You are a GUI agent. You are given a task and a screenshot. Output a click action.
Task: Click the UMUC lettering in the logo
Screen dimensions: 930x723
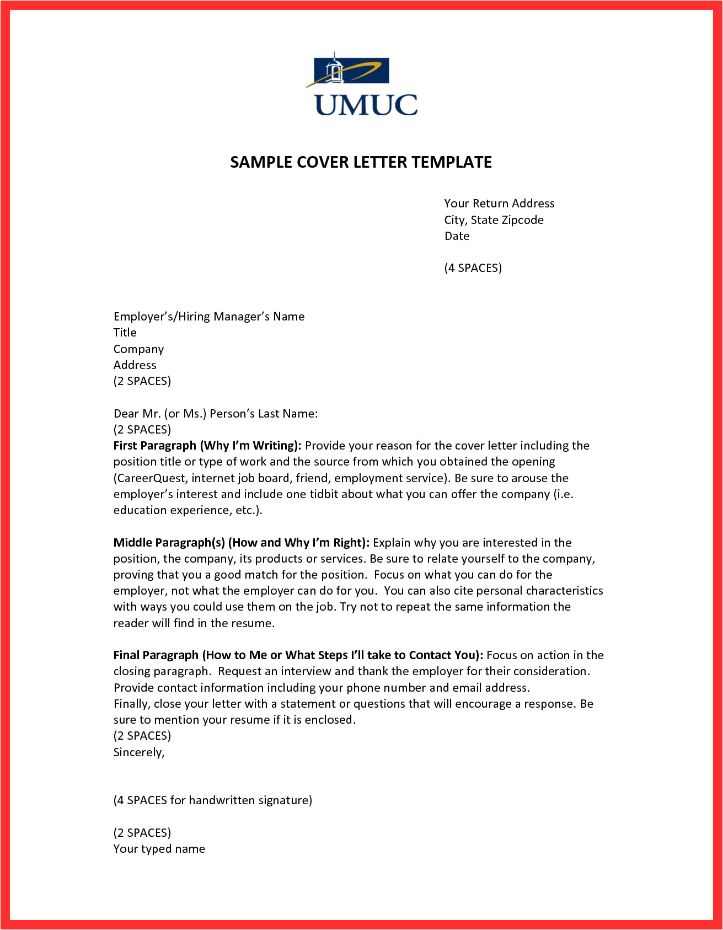coord(366,105)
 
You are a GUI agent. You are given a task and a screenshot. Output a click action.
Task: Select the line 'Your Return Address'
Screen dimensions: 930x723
coord(499,204)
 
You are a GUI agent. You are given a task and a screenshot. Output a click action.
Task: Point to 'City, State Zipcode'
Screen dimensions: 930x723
coord(494,220)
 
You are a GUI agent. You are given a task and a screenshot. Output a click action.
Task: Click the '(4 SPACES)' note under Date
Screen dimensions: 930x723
coord(473,268)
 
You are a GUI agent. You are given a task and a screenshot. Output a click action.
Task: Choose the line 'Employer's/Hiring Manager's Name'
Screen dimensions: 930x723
coord(208,317)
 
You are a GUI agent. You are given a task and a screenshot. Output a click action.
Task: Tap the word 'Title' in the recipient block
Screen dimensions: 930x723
coord(125,333)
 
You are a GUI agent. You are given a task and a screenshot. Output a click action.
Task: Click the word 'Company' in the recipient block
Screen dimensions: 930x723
coord(138,349)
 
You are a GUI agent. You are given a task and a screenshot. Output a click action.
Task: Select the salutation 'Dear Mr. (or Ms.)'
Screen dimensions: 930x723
coord(160,414)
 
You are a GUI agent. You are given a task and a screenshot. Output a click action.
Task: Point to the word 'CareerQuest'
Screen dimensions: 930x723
coord(149,478)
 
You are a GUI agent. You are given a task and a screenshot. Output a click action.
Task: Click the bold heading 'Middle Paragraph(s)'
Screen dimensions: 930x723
coord(169,543)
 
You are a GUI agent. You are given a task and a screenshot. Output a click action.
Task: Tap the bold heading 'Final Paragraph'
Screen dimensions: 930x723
coord(156,655)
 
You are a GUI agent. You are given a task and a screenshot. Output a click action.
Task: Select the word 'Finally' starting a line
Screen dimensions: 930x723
coord(131,704)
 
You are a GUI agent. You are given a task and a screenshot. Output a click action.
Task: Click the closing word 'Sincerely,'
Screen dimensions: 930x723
coord(139,752)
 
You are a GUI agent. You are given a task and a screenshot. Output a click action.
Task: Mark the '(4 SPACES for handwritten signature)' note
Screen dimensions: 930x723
coord(212,800)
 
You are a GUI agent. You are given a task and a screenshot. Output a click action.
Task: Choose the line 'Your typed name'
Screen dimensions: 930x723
coord(159,849)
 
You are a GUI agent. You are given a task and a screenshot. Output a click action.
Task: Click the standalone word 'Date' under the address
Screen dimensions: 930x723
coord(457,236)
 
